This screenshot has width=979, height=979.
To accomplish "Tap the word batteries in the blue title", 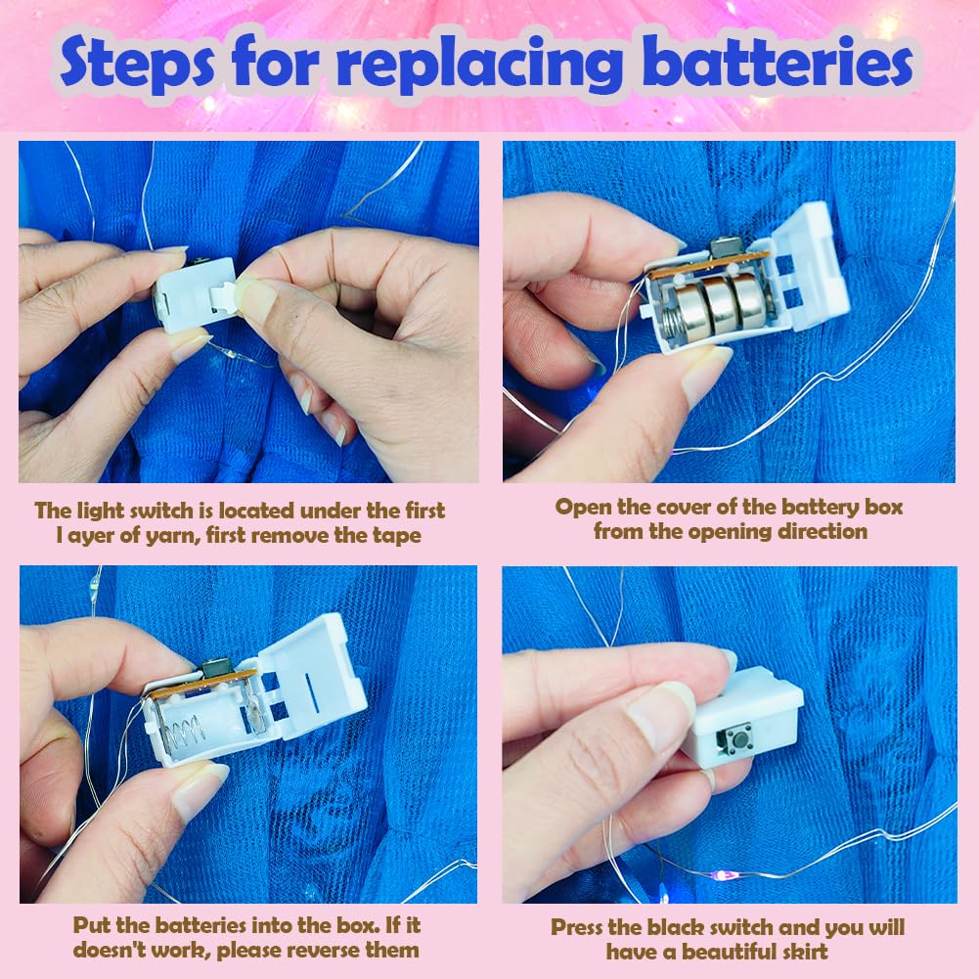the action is point(778,62).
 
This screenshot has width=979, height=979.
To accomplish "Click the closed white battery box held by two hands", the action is point(195,293).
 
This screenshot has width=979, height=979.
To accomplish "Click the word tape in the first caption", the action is point(397,536).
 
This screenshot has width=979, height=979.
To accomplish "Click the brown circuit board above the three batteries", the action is point(710,264).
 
